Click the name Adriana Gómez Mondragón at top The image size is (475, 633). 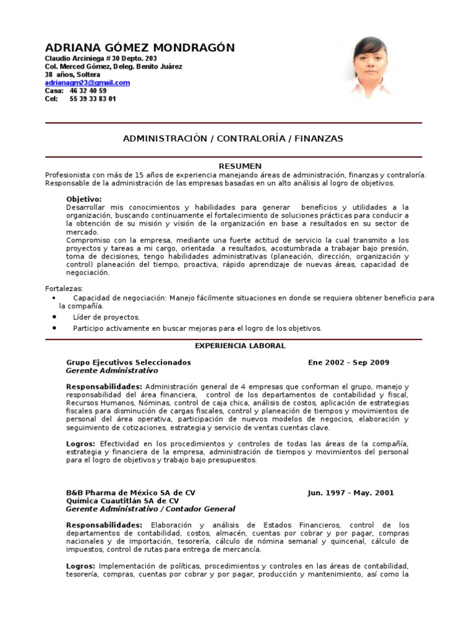(140, 48)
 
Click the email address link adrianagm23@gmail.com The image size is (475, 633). (87, 83)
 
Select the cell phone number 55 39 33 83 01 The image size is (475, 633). (93, 99)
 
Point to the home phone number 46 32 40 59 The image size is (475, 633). (88, 91)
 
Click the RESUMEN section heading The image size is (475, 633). (241, 166)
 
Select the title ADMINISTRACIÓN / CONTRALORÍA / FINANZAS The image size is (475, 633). (233, 139)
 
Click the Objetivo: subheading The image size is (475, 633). (83, 199)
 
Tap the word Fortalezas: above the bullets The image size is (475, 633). (64, 289)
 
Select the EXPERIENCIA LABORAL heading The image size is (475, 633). (241, 346)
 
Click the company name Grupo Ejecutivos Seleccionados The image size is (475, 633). (128, 363)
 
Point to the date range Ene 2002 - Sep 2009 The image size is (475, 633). (349, 363)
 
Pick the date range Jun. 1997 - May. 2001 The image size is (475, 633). (351, 493)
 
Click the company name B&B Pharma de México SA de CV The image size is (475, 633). (131, 493)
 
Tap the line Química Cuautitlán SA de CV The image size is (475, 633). (122, 501)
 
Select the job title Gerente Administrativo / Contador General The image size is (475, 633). (150, 509)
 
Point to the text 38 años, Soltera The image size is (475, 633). (72, 75)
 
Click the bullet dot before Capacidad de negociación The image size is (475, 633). (56, 298)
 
